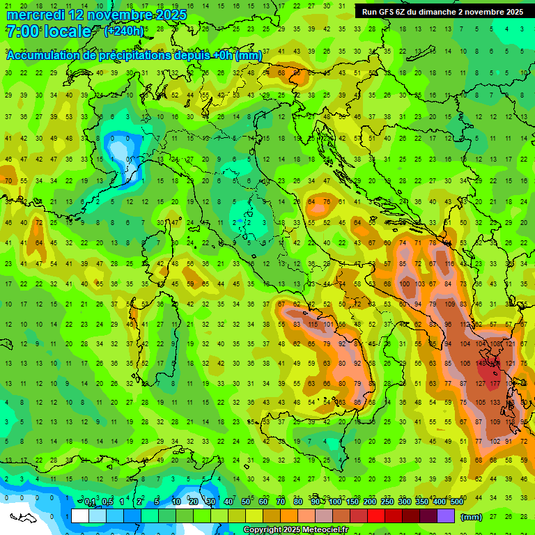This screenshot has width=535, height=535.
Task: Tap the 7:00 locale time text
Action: click(48, 31)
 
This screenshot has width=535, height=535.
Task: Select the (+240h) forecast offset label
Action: click(124, 31)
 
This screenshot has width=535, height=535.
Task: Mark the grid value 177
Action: click(495, 383)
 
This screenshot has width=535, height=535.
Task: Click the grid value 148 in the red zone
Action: click(481, 363)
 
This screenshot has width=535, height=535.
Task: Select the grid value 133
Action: click(495, 403)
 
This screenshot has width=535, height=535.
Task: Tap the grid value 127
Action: click(481, 383)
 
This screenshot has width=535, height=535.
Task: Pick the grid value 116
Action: click(450, 264)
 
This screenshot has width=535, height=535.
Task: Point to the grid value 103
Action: click(420, 284)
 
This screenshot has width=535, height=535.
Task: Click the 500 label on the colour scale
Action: click(456, 502)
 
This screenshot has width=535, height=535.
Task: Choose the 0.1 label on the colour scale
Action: click(90, 502)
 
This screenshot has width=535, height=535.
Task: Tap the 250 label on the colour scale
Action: click(387, 502)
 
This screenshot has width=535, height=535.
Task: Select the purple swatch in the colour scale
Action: click(446, 515)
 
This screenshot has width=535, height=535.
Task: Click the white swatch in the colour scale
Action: click(80, 515)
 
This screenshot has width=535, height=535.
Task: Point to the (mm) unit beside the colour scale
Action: click(472, 516)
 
